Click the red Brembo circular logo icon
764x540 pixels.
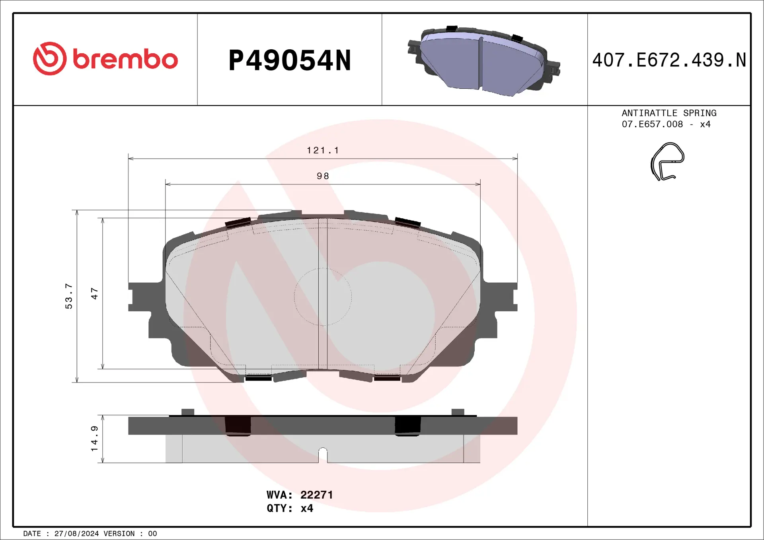[50, 58]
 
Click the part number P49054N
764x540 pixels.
[290, 60]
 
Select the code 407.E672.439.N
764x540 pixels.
[669, 60]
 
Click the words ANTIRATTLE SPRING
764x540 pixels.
[669, 113]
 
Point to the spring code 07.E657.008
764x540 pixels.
[652, 124]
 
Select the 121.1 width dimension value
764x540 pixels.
[323, 150]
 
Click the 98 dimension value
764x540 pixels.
[323, 176]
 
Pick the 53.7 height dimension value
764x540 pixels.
[69, 296]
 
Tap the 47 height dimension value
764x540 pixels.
[94, 293]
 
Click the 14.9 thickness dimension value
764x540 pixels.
[94, 439]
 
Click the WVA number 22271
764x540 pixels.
[316, 495]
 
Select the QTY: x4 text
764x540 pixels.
[290, 508]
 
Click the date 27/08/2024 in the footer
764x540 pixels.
[76, 534]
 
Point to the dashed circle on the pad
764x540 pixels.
[323, 297]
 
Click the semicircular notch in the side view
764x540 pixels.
[323, 454]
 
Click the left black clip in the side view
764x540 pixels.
[238, 425]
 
